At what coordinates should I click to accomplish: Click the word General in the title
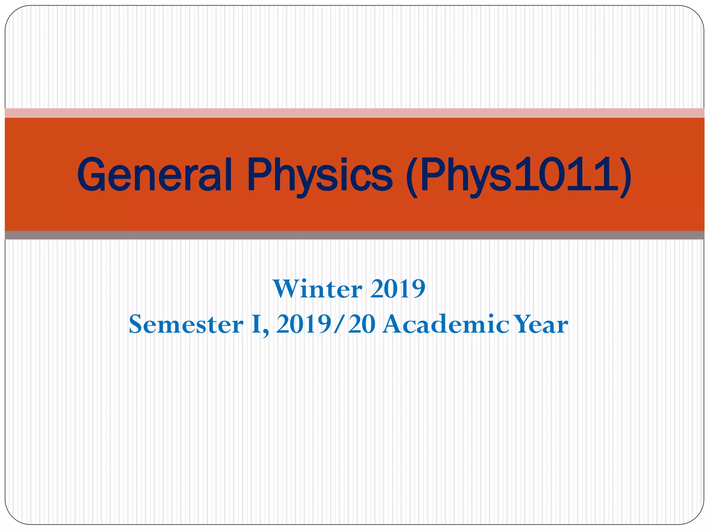click(x=154, y=175)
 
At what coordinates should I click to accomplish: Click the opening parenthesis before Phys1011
click(x=412, y=177)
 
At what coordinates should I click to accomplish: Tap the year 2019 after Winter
click(x=398, y=289)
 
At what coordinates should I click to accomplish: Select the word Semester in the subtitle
click(x=186, y=325)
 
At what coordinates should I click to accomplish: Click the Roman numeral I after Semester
click(x=256, y=325)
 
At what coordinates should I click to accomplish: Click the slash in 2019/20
click(x=340, y=325)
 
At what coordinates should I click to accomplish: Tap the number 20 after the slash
click(x=362, y=325)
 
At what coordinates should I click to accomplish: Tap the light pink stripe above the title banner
click(x=354, y=113)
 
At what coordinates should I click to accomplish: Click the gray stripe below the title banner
click(x=354, y=235)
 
